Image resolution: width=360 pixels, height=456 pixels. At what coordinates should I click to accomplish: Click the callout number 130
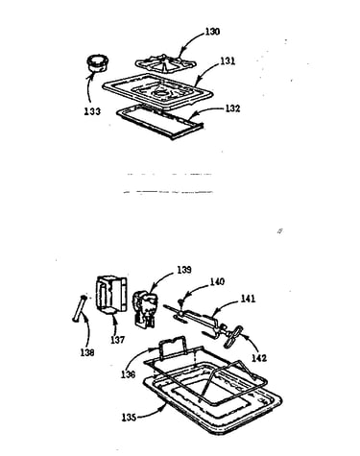(x=212, y=32)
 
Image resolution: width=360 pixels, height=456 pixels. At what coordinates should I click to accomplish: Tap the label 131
(x=228, y=60)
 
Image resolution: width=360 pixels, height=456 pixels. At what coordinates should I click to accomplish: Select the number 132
(x=232, y=108)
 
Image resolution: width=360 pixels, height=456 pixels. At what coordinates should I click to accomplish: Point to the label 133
(x=92, y=111)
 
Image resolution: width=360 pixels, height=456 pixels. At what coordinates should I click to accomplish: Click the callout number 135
(x=129, y=418)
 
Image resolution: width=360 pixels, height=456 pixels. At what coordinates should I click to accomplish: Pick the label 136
(x=128, y=374)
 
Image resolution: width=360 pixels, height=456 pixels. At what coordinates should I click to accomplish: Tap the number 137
(x=117, y=340)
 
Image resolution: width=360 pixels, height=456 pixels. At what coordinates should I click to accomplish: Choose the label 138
(x=87, y=352)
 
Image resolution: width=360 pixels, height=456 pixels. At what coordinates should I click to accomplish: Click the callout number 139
(x=184, y=270)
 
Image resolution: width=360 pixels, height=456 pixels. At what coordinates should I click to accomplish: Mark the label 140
(x=217, y=281)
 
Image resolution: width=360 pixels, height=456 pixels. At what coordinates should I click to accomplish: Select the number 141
(x=249, y=299)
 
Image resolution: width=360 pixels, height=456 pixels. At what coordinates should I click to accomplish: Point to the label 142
(x=259, y=357)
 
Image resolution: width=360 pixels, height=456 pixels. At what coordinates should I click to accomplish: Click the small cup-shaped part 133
(x=97, y=63)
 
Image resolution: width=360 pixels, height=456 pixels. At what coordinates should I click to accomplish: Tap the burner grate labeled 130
(x=165, y=63)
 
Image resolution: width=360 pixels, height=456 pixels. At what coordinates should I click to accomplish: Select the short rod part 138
(x=80, y=309)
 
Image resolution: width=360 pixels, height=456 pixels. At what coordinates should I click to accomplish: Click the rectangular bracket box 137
(x=111, y=295)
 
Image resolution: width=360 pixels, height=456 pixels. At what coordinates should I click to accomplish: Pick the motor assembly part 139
(x=145, y=308)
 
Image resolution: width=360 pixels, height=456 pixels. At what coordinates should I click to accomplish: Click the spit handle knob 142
(x=233, y=337)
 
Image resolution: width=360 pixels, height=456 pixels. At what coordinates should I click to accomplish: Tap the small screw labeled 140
(x=181, y=300)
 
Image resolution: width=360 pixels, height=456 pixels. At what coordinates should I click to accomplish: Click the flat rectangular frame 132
(x=160, y=122)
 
